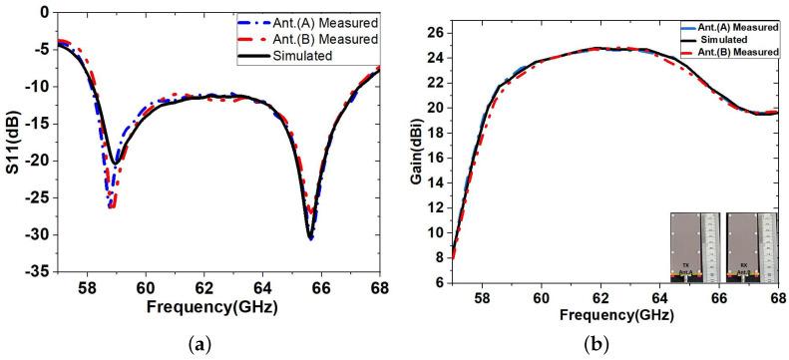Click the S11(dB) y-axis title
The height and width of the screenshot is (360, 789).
13,143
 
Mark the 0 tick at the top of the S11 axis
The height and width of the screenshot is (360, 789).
45,13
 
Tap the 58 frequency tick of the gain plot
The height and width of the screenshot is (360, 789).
481,297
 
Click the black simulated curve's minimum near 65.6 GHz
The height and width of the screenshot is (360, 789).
310,238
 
